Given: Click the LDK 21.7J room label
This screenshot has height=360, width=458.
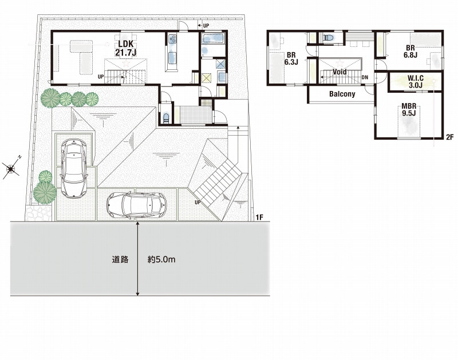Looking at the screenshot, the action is coord(125,48).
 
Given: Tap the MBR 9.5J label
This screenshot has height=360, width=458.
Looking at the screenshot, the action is coord(409,110).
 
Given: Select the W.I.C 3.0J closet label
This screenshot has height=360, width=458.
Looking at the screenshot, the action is coord(416,82).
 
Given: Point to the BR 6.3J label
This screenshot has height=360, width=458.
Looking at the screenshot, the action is coord(291,58).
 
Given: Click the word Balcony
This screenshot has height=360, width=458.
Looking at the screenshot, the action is coord(342,94).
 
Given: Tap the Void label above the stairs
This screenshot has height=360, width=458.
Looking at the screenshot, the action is coord(339,72).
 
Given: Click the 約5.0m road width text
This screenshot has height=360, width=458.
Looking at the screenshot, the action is coord(161,259).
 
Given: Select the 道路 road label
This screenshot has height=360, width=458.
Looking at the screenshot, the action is coord(120,259).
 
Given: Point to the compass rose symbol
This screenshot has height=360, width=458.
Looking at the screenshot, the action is coord(11,168).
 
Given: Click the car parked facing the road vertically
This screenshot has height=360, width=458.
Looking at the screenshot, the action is coord(74,168).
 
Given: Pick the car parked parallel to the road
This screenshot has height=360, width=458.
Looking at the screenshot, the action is coord(137,204).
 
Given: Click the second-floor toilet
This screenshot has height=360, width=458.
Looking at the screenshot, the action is coord(329,38).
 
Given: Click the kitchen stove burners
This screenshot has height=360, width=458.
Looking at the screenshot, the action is coord(172,39).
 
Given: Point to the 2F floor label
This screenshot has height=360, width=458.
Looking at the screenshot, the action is coord(449,136).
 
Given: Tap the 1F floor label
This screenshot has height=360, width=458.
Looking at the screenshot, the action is coord(260,217).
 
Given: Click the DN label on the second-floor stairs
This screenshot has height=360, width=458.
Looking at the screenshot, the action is coord(365,77).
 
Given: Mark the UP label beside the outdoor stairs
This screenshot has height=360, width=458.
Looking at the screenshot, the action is coord(198,202).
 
